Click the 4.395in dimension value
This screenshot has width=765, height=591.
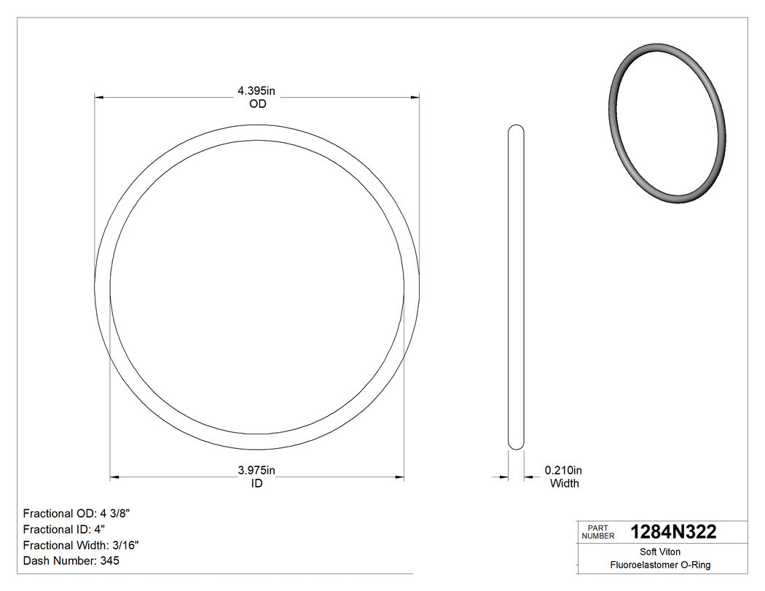[256, 91]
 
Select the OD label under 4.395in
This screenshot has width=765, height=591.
[257, 104]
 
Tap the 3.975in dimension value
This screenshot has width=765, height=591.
[256, 471]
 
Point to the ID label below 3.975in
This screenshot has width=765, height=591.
[256, 484]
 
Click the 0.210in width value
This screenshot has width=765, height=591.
[564, 471]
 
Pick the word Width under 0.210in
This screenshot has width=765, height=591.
[564, 484]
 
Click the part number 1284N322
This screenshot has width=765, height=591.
[673, 532]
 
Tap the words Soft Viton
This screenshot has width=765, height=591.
[660, 552]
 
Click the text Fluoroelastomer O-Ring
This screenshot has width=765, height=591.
[660, 565]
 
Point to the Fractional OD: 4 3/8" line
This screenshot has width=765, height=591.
[76, 513]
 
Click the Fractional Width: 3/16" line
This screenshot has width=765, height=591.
[81, 545]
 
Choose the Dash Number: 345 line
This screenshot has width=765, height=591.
[71, 561]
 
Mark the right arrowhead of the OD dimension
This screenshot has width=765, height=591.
[415, 96]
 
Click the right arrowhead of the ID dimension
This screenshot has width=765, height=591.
[400, 478]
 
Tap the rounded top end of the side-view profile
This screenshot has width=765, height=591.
[516, 130]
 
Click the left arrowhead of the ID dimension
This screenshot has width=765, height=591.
[114, 478]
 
